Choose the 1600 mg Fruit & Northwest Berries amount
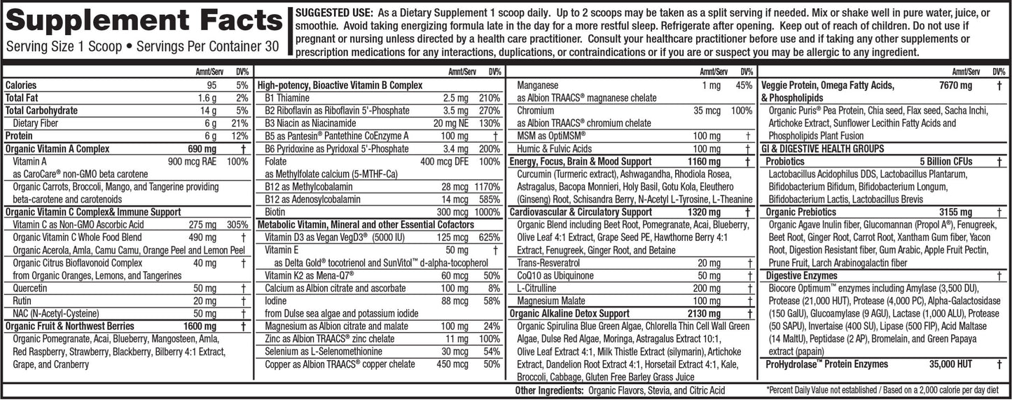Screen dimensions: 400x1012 (x=200, y=326)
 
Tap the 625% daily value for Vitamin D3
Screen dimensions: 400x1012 (x=489, y=237)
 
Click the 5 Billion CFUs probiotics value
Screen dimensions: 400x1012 (x=946, y=161)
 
